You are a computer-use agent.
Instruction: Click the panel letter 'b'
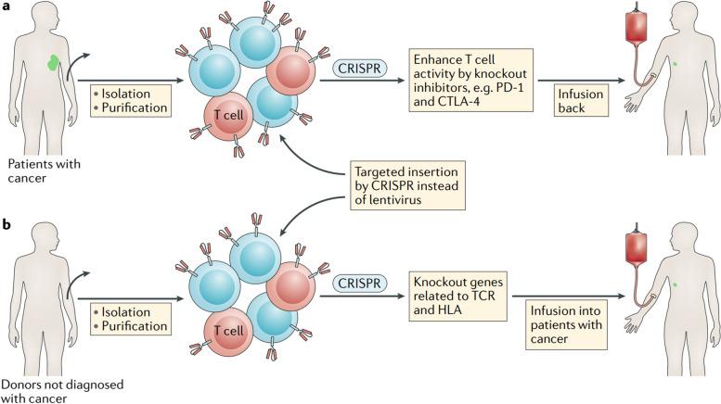tap(5, 221)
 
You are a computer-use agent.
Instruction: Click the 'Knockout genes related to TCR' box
tap(457, 296)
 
